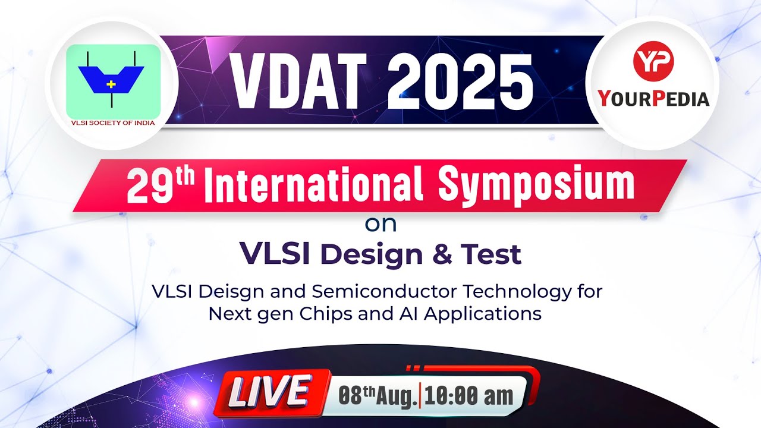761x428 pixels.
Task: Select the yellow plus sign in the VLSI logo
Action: point(111,84)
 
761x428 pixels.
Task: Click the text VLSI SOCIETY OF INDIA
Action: point(112,123)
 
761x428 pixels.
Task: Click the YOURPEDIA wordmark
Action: point(653,97)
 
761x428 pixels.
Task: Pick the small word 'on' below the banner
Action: point(380,225)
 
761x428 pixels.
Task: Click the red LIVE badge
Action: point(270,393)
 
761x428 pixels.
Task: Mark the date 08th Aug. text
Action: point(377,395)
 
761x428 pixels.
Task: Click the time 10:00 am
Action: point(468,395)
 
